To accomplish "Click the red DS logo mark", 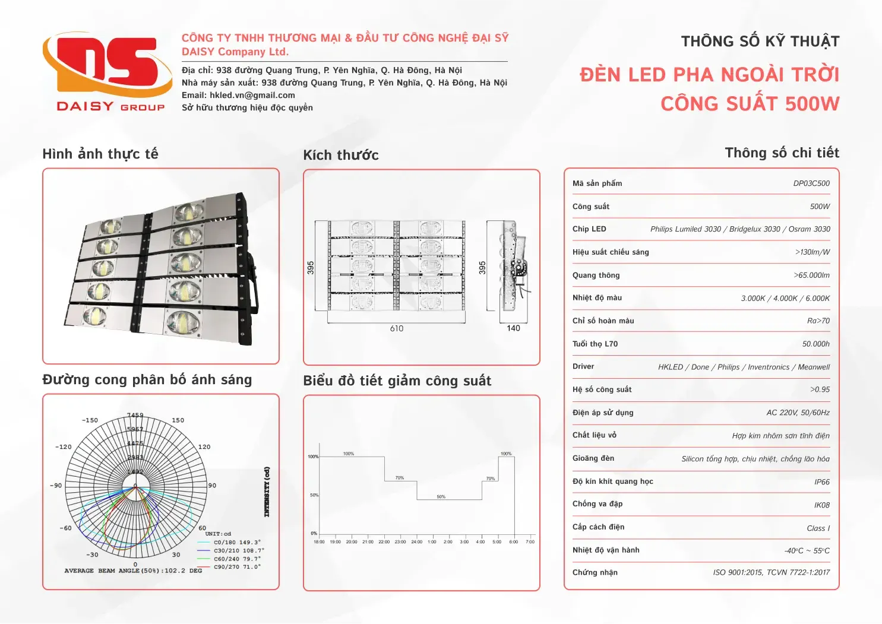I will coord(107,64).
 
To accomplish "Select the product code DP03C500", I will coord(811,183).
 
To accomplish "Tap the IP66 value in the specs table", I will coord(822,482).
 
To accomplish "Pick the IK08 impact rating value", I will coord(822,505).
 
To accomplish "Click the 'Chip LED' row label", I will coord(589,229).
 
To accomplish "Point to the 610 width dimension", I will coord(397,328).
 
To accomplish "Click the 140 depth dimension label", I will coord(513,328).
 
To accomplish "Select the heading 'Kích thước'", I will coord(341,155).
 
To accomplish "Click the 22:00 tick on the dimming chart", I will coord(384,541).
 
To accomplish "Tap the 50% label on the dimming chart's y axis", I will coord(314,495).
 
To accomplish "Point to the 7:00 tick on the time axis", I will coord(530,541).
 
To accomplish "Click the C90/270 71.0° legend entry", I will coord(237,567).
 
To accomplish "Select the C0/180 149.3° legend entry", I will coord(237,542).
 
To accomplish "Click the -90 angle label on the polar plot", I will coord(56,486).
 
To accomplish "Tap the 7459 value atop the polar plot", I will coord(135,416).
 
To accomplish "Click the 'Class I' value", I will coord(818,528).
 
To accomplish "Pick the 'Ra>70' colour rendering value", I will coord(818,321).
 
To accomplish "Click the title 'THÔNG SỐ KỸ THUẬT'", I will coord(760,42).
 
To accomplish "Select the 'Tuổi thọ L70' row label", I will coord(595,344).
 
